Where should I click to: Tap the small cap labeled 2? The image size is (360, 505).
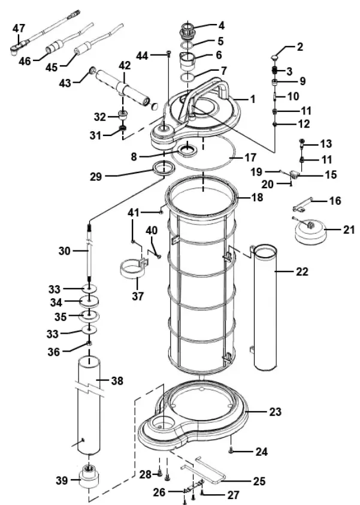[275, 57]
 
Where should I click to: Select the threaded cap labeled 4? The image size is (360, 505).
[187, 27]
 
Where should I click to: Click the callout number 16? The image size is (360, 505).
[334, 201]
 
